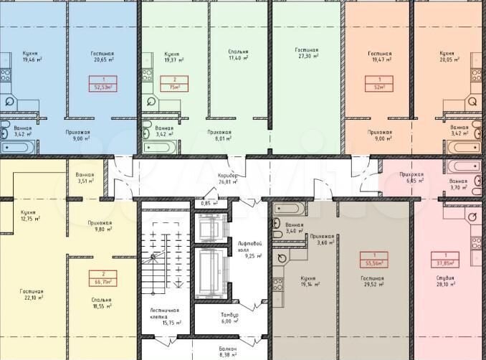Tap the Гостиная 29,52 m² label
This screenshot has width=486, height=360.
point(371,281)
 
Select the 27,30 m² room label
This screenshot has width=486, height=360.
point(308,53)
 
